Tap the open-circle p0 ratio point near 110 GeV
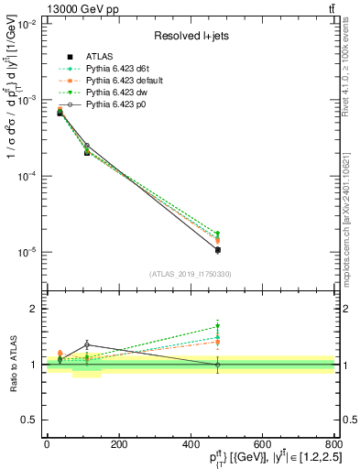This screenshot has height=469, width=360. click(86, 344)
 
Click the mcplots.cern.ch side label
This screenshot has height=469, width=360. click(352, 211)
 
